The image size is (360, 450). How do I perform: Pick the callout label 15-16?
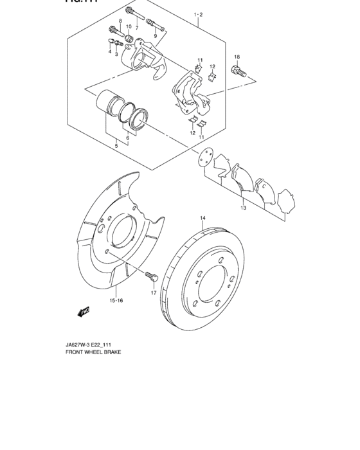(x=116, y=300)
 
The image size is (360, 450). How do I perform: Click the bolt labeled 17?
(x=151, y=278)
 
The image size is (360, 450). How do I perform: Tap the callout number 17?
(x=154, y=293)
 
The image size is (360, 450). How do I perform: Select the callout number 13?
(x=243, y=208)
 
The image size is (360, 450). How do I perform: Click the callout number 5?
(x=116, y=146)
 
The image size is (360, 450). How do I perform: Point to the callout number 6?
(x=128, y=138)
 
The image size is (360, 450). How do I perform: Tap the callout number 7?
(x=136, y=28)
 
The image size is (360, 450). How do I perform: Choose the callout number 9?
(x=155, y=36)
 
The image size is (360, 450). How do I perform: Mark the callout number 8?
(x=120, y=22)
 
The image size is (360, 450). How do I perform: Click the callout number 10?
(x=129, y=26)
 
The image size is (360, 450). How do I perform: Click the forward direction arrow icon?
(x=83, y=312)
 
